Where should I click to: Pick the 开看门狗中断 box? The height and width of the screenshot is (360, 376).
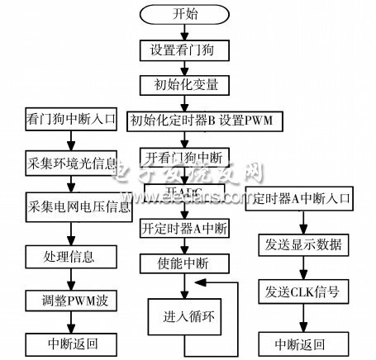(x=184, y=157)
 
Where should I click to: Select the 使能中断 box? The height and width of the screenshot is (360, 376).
(x=184, y=264)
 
